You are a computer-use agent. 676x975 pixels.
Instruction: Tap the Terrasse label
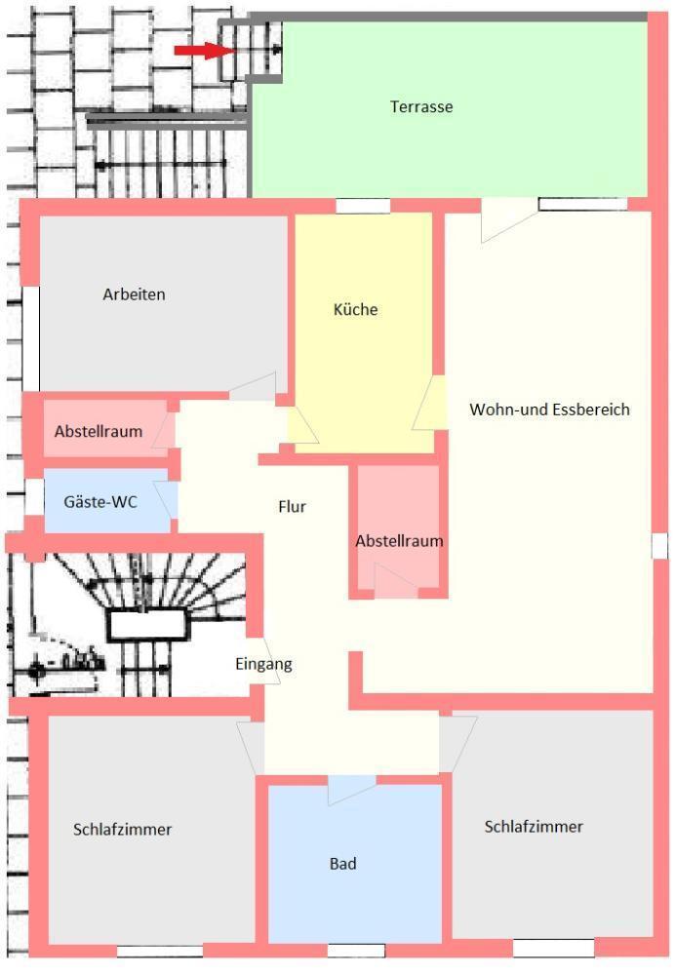click(x=421, y=106)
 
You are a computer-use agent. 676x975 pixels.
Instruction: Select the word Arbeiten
click(x=134, y=293)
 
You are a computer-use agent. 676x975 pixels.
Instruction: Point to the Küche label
click(x=355, y=310)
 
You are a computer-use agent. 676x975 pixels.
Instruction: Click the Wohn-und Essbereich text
click(x=549, y=409)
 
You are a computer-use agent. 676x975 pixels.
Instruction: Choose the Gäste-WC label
click(x=100, y=502)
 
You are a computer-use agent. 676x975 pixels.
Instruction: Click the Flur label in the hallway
click(x=293, y=506)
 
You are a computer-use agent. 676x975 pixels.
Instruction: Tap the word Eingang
click(x=263, y=664)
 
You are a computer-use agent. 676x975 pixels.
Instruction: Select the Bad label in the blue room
click(x=342, y=863)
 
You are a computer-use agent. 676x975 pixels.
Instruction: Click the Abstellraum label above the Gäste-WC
click(x=98, y=431)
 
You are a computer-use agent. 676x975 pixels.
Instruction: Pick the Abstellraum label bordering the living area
click(x=399, y=540)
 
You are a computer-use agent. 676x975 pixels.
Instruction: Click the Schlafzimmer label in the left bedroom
click(x=123, y=830)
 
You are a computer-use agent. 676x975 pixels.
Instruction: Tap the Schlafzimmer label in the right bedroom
click(x=534, y=827)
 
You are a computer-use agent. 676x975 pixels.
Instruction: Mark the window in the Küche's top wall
click(x=363, y=206)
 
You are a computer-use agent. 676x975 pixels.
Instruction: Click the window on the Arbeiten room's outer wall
click(x=31, y=338)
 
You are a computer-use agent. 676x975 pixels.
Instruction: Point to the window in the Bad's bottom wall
click(x=355, y=951)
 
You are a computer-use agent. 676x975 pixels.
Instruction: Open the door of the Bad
click(x=351, y=788)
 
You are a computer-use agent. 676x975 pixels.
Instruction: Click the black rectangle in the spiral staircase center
click(x=146, y=624)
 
